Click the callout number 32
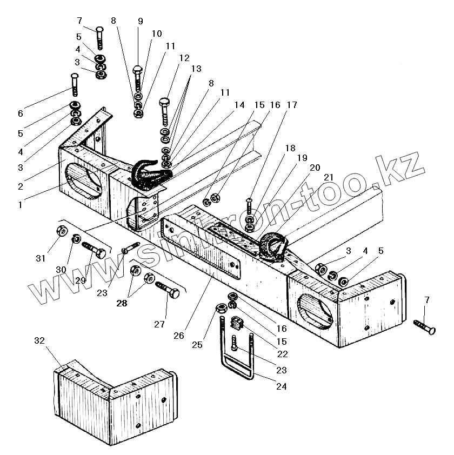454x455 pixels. pos(39,341)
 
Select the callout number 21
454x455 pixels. pos(328,178)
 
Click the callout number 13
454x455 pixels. pos(195,69)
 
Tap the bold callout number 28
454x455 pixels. pos(123,304)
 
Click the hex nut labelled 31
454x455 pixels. pos(62,232)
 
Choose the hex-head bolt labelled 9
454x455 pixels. pos(138,78)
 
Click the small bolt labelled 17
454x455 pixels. pos(249,207)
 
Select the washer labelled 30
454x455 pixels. pos(77,238)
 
